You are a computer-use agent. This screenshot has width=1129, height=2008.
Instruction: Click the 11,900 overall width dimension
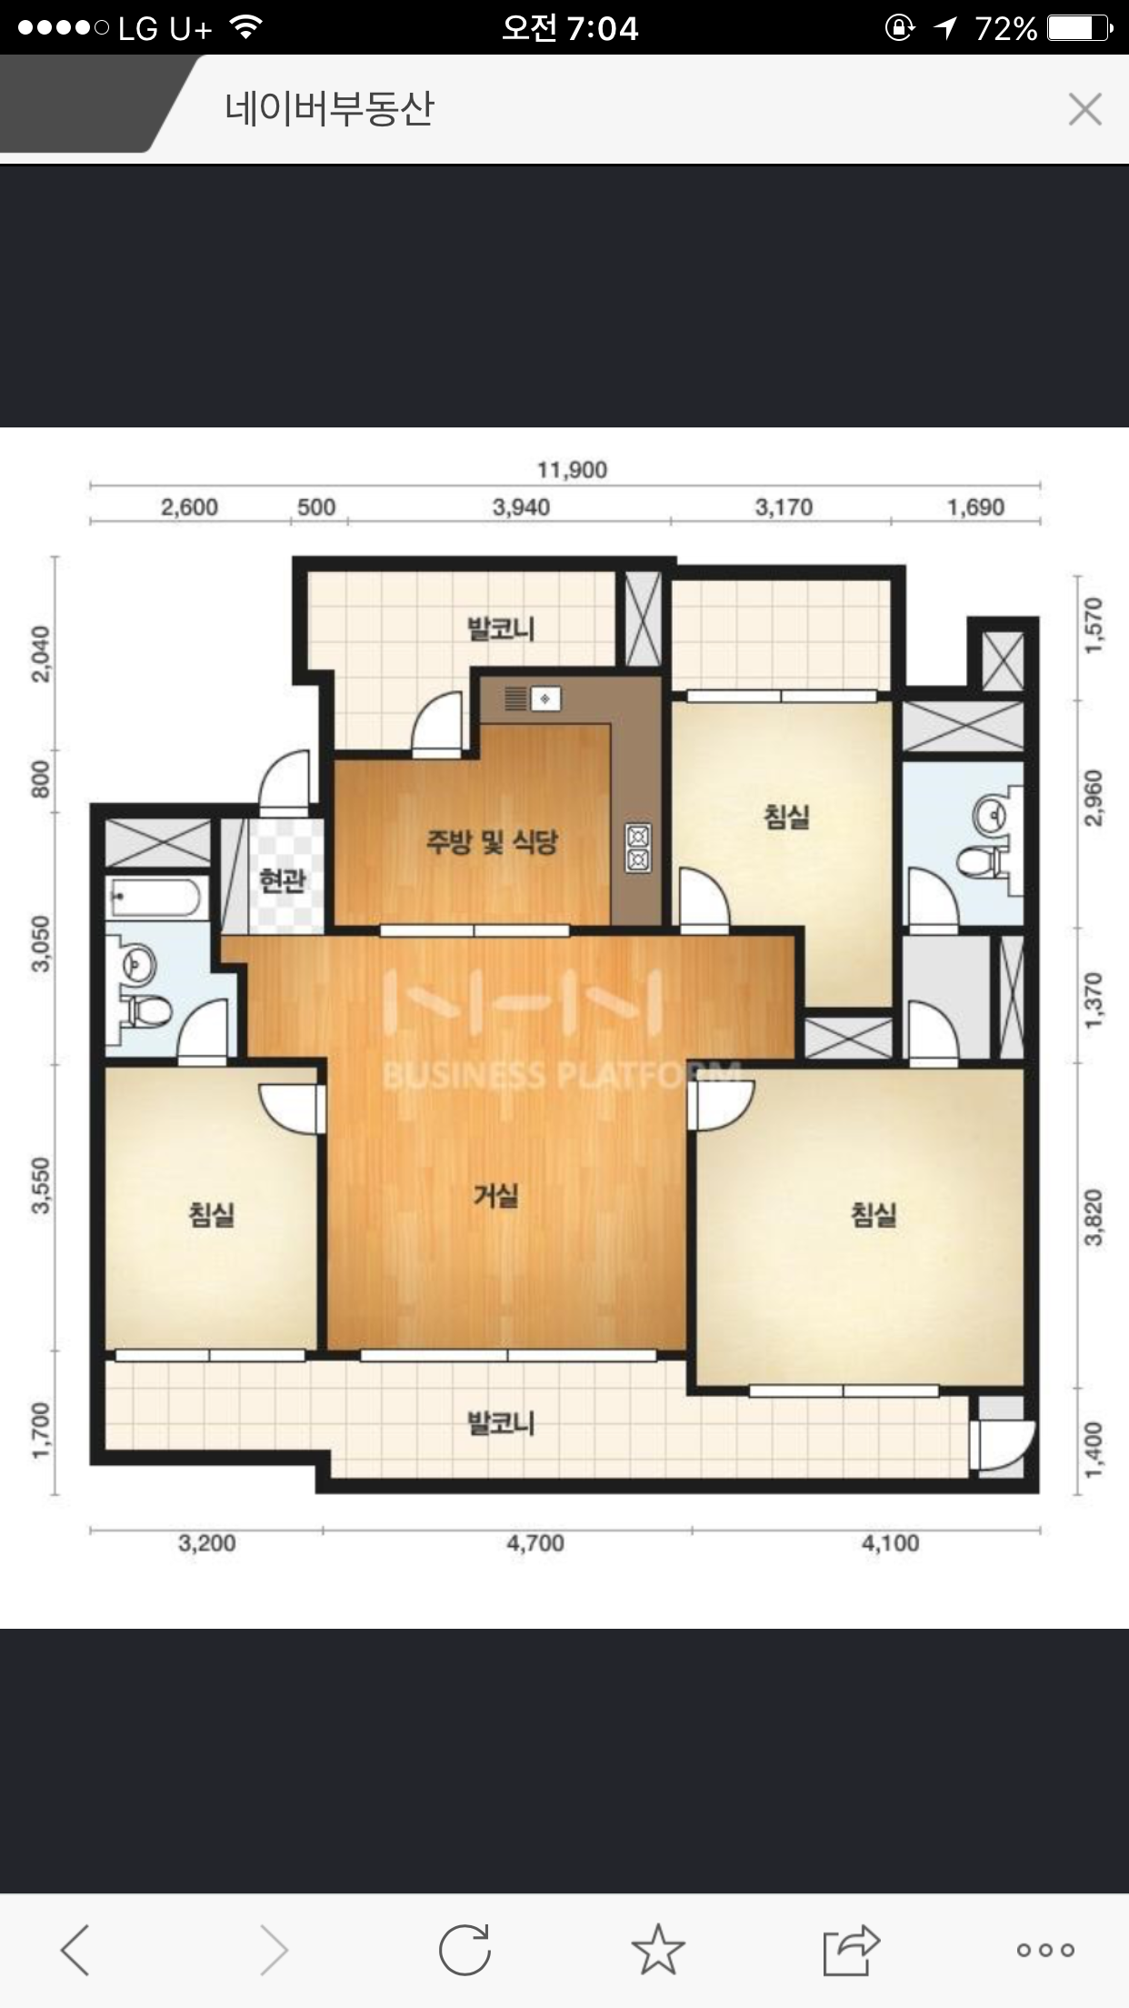click(572, 470)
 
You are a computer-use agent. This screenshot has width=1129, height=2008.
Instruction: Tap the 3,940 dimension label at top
click(521, 507)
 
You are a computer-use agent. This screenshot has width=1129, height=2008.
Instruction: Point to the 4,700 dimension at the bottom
click(535, 1543)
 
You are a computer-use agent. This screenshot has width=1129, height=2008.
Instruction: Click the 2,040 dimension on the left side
click(42, 654)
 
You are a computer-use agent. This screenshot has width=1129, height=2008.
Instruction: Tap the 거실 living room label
click(495, 1196)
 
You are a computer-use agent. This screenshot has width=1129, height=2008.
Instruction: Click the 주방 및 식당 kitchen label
click(491, 842)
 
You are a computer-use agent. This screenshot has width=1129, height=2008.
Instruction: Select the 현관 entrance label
click(282, 880)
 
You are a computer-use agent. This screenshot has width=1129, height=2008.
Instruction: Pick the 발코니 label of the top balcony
click(500, 628)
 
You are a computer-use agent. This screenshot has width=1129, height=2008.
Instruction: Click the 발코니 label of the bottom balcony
click(500, 1423)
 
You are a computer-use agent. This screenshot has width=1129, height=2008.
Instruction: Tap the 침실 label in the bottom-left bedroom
click(212, 1214)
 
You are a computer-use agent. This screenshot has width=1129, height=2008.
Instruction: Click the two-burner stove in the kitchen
click(637, 847)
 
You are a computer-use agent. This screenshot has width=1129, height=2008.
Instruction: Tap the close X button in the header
click(1085, 109)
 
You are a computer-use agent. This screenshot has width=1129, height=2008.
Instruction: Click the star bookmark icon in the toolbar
click(657, 1949)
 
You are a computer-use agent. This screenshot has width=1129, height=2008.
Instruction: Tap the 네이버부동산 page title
click(330, 109)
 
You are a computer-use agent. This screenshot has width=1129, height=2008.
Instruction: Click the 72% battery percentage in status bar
click(1006, 29)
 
